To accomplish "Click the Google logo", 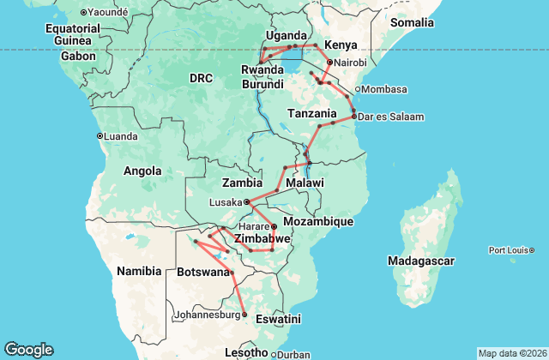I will pyautogui.click(x=28, y=350).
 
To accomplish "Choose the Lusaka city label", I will pyautogui.click(x=225, y=202).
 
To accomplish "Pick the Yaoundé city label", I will pyautogui.click(x=108, y=12).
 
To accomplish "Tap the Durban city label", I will pyautogui.click(x=294, y=353).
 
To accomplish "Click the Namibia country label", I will pyautogui.click(x=139, y=271).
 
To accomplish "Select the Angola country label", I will pyautogui.click(x=142, y=171).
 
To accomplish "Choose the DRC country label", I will pyautogui.click(x=201, y=78).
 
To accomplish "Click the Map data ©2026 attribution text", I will pyautogui.click(x=511, y=353).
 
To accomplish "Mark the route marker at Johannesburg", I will pyautogui.click(x=244, y=315).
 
